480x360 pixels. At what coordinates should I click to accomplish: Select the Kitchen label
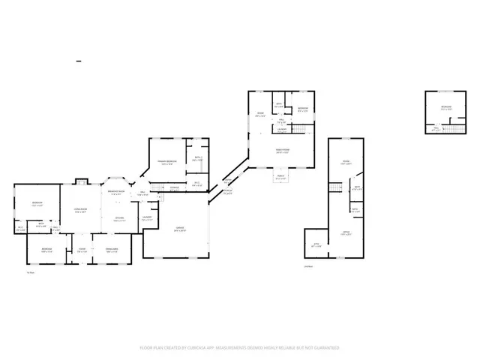119,218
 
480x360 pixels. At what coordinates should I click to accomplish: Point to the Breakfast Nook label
116,192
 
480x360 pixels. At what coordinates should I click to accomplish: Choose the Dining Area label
113,249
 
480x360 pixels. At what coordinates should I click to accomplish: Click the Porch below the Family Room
280,178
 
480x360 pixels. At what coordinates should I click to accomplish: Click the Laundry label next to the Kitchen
147,218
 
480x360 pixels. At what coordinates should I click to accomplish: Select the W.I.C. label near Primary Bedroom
196,183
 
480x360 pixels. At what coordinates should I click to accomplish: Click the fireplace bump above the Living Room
82,181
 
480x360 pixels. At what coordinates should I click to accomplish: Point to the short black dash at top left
79,59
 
